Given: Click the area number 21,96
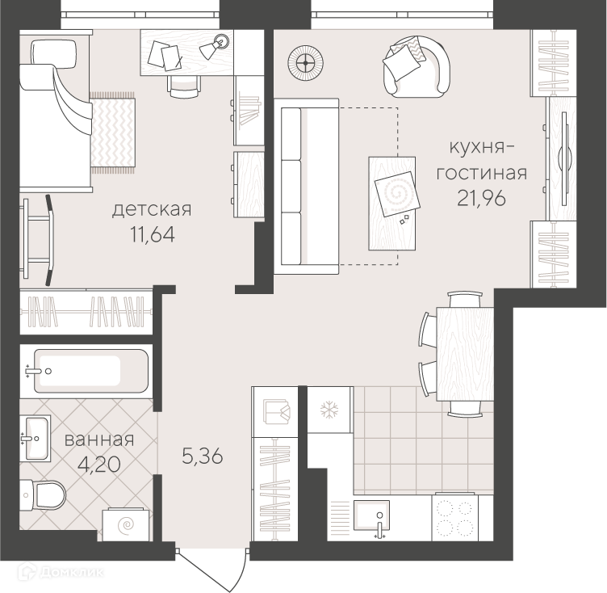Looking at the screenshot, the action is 481,199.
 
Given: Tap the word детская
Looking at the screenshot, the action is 152,210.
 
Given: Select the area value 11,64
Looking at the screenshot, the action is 153,235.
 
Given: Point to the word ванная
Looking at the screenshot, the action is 99,440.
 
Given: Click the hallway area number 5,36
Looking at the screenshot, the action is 203,456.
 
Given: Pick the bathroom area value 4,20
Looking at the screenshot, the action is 99,465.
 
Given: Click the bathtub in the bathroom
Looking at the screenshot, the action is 90,372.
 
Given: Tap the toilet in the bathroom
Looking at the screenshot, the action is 42,495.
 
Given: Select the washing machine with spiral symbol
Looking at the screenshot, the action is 126,524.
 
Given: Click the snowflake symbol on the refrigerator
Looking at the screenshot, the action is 329,410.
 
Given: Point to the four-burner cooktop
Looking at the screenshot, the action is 455,517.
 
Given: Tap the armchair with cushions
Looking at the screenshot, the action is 417,67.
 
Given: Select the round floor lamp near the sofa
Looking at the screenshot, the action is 306,63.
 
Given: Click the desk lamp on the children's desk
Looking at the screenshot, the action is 214,47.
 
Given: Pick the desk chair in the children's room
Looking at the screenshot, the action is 184,86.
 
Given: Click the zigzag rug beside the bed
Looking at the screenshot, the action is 113,132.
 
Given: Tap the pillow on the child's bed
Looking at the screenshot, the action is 53,54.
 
